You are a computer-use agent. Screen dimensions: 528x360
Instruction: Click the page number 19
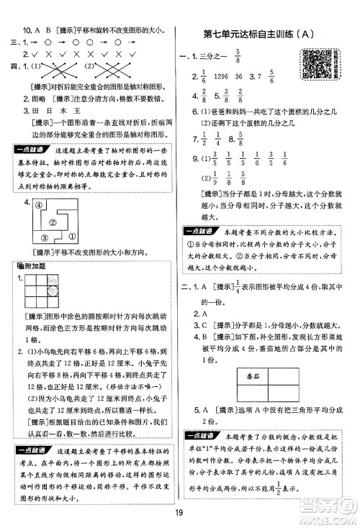[179, 515]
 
